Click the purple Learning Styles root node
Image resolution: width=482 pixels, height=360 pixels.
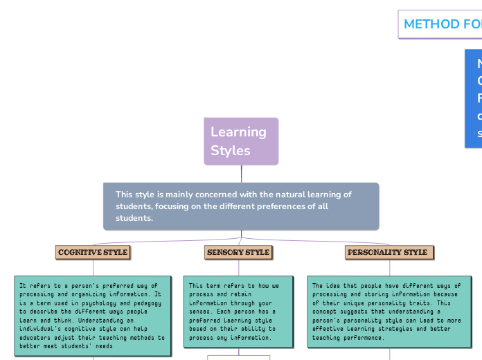tap(241, 141)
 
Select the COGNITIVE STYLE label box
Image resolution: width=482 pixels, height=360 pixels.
tap(93, 252)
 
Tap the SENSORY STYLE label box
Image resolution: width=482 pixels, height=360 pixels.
tap(238, 252)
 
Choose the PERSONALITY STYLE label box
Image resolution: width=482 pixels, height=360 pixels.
tap(389, 252)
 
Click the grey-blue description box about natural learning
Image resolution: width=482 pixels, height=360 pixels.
tap(241, 206)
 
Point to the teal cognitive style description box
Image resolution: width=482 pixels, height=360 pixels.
tap(93, 314)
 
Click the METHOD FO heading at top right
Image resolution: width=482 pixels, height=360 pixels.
tap(441, 24)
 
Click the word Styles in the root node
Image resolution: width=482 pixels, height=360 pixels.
tap(231, 150)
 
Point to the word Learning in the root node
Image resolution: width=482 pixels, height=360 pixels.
tap(238, 132)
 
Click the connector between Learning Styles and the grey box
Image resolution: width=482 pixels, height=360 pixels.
tap(241, 174)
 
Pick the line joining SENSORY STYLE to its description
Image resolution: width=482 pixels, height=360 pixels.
tap(238, 268)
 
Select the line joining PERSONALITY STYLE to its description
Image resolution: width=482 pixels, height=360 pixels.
tap(389, 268)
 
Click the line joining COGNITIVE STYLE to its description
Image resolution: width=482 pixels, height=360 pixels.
tap(93, 268)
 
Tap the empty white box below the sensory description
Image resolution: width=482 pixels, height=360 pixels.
tap(238, 357)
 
